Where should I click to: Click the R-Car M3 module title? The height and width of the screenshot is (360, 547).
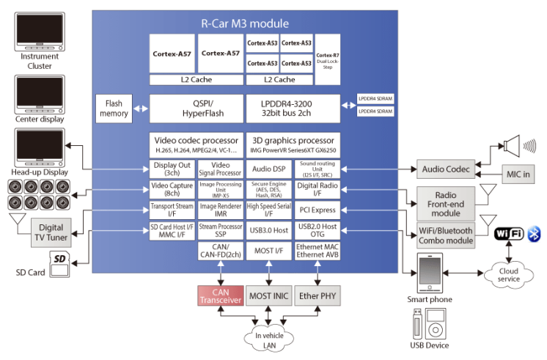point(245,23)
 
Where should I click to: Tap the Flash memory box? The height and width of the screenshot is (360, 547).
point(114,109)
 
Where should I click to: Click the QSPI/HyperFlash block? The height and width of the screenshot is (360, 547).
point(196,109)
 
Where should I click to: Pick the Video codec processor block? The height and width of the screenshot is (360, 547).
point(196,144)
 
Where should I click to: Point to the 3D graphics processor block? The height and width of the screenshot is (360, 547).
point(293,144)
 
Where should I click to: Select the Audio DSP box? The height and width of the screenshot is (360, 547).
point(268,169)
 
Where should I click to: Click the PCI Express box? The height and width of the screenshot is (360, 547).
point(317,210)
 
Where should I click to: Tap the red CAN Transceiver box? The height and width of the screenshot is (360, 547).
point(220,295)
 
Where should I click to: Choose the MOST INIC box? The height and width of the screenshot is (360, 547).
point(268,295)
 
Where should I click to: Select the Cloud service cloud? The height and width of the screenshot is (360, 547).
point(508,273)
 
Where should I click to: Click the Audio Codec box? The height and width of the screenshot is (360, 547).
point(445,169)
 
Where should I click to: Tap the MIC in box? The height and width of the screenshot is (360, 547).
point(522,175)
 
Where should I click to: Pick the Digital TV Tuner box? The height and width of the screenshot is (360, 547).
point(51,233)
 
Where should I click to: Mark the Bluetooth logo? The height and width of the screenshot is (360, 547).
point(535,234)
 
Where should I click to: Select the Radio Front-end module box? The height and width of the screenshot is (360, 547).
point(445,203)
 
